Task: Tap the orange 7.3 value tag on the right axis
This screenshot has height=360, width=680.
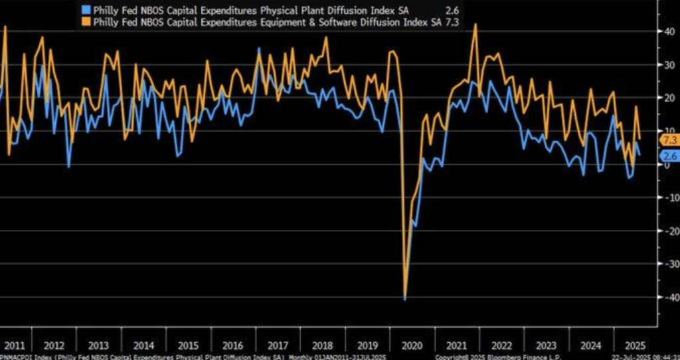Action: [x=668, y=139]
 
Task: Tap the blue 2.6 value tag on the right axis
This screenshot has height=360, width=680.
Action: [x=668, y=156]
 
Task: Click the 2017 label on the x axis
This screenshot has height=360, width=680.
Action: [x=277, y=345]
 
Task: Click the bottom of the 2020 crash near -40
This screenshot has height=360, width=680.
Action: [x=404, y=299]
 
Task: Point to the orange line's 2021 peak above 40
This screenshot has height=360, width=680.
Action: [x=475, y=25]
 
